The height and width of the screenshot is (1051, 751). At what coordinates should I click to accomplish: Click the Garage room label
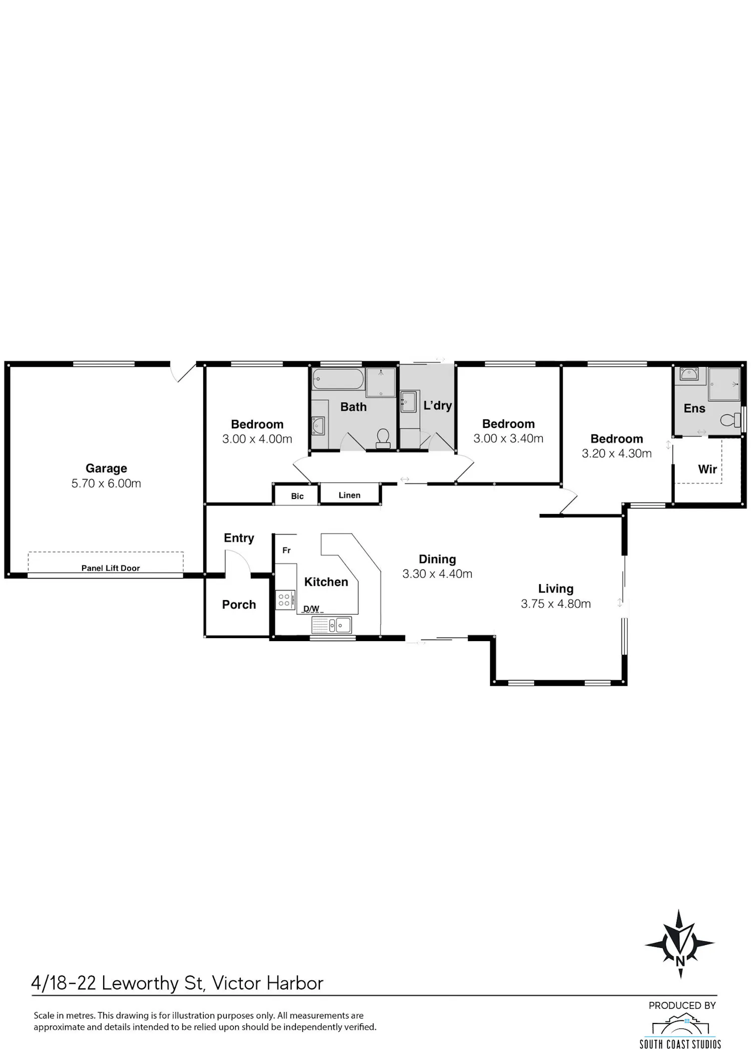(106, 468)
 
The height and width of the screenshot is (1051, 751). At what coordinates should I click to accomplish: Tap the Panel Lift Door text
(111, 568)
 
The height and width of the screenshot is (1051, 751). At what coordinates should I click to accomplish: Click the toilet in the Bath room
(384, 438)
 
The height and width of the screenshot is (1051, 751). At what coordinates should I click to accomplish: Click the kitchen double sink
(331, 625)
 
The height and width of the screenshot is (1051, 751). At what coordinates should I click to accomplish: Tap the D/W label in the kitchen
(311, 609)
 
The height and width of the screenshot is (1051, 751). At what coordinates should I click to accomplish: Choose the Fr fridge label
(286, 551)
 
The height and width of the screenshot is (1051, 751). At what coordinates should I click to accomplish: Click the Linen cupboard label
(349, 495)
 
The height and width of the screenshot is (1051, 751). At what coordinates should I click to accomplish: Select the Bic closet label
(297, 496)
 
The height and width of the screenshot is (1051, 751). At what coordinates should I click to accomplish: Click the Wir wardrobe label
(707, 469)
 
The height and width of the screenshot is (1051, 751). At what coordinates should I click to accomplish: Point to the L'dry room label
(438, 405)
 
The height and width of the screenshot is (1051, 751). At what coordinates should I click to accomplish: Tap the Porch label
(239, 605)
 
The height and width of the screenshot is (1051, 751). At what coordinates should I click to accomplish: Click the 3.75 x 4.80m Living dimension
(556, 604)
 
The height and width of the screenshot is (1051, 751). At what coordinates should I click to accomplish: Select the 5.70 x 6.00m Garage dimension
(106, 483)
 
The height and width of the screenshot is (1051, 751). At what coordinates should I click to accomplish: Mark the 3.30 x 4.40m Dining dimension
(438, 574)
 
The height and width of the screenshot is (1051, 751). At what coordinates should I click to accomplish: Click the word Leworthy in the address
(141, 983)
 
